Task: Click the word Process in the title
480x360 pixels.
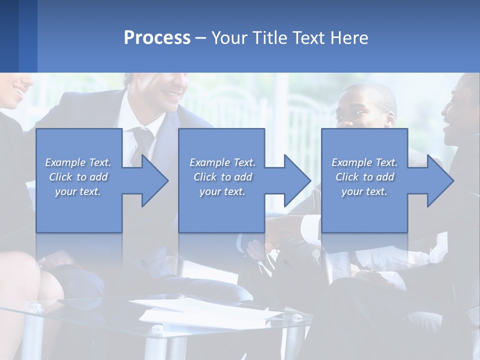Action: [157, 38]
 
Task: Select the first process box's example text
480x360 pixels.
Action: [78, 177]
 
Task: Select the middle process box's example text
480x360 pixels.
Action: [222, 177]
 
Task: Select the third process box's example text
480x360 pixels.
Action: [364, 177]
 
